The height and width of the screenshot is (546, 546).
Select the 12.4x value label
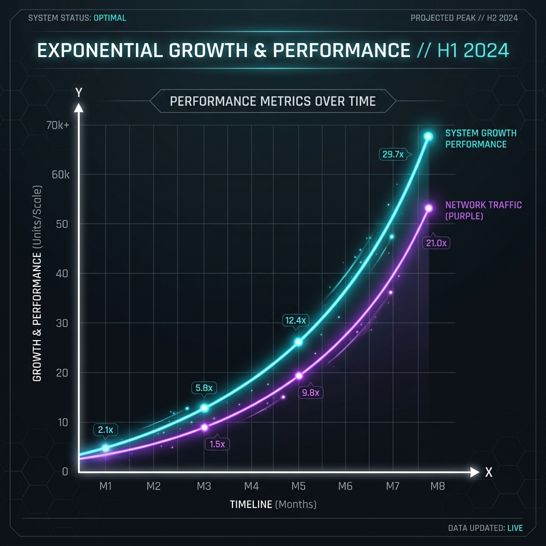pyautogui.click(x=295, y=320)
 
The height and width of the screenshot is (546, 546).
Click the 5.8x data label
pyautogui.click(x=203, y=388)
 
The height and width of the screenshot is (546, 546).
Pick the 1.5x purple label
pyautogui.click(x=217, y=444)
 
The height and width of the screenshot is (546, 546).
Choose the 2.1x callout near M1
pyautogui.click(x=105, y=429)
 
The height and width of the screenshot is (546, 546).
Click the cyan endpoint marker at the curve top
pyautogui.click(x=428, y=136)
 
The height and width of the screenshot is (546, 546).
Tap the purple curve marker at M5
pyautogui.click(x=299, y=375)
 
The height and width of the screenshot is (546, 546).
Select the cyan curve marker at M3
pyautogui.click(x=204, y=408)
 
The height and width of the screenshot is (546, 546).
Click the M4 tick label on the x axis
pyautogui.click(x=252, y=486)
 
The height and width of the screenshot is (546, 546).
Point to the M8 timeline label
pyautogui.click(x=437, y=486)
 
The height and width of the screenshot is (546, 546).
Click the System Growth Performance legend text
pyautogui.click(x=480, y=139)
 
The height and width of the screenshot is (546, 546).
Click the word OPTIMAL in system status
pyautogui.click(x=110, y=18)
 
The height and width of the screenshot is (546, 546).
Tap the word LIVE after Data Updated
pyautogui.click(x=515, y=528)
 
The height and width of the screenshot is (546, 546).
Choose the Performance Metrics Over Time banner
pyautogui.click(x=272, y=101)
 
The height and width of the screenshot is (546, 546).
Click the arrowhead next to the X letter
pyautogui.click(x=475, y=472)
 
